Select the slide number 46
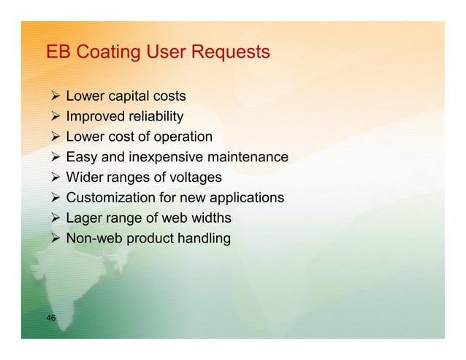coord(51,317)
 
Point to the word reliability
coord(156,117)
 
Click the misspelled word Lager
coord(83,218)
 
